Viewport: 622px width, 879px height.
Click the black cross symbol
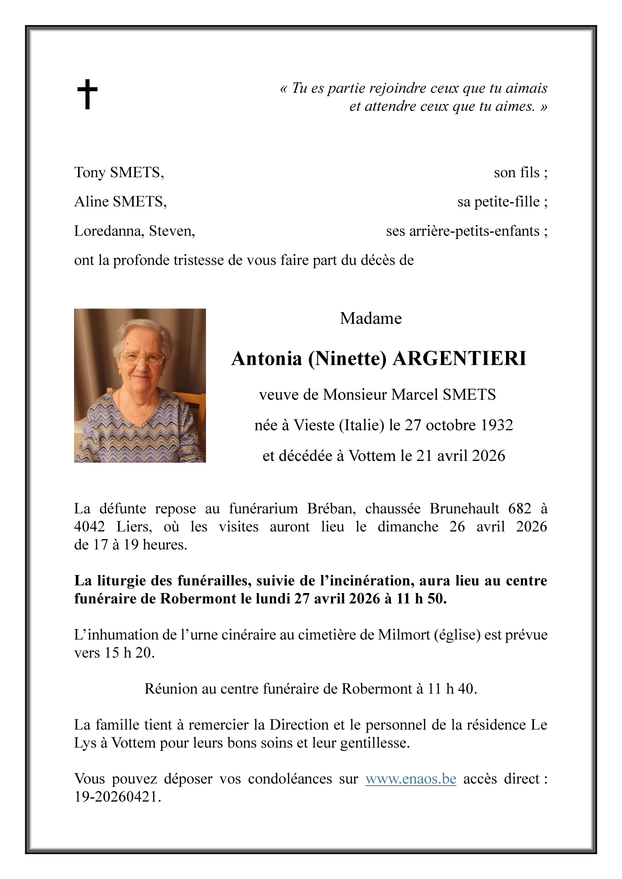click(87, 94)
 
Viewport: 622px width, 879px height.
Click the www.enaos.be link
click(410, 779)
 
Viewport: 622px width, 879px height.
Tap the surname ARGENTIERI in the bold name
click(459, 359)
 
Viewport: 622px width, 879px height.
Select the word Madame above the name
click(371, 318)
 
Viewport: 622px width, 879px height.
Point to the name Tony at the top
click(89, 172)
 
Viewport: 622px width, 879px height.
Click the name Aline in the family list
click(92, 202)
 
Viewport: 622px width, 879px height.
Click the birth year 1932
click(496, 425)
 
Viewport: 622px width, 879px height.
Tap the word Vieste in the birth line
click(314, 425)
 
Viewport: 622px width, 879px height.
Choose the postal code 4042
click(89, 527)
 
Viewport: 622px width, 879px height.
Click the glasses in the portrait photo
click(142, 359)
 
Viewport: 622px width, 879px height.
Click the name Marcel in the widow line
click(415, 395)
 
